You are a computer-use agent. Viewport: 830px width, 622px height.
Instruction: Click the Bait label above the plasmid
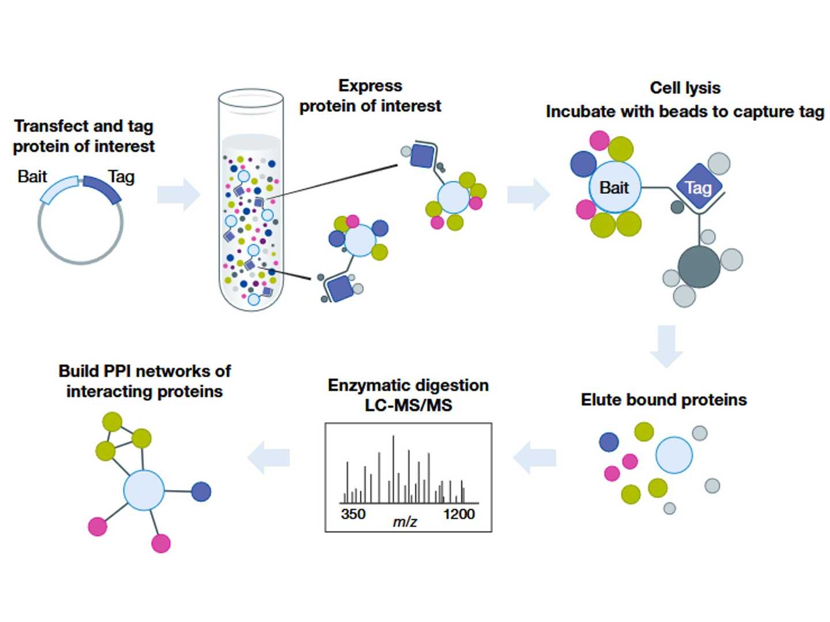click(32, 177)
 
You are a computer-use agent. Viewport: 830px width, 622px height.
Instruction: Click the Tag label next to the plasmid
click(122, 177)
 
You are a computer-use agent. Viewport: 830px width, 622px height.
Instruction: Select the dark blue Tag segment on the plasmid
click(102, 188)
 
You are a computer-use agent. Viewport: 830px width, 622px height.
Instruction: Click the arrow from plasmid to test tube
click(179, 195)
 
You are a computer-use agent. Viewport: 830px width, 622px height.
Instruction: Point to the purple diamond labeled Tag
click(699, 187)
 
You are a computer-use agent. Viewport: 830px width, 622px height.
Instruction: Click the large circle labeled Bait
click(615, 187)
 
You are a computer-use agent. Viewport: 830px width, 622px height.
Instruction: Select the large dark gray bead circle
click(699, 267)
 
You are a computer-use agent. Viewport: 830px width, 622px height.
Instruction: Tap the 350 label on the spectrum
click(353, 514)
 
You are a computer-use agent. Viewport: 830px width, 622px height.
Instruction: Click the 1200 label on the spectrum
click(459, 514)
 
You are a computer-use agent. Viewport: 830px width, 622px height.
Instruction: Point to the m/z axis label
click(405, 522)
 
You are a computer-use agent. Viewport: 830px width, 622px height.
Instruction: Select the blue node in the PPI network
click(201, 491)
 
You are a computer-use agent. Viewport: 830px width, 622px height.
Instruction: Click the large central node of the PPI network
click(144, 490)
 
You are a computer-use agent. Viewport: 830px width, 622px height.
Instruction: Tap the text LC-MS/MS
click(409, 405)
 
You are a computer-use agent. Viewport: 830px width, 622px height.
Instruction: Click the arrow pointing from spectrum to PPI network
click(269, 457)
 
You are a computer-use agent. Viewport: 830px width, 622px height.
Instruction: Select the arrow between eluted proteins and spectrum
click(534, 457)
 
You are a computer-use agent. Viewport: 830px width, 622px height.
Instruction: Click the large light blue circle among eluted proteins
click(674, 455)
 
